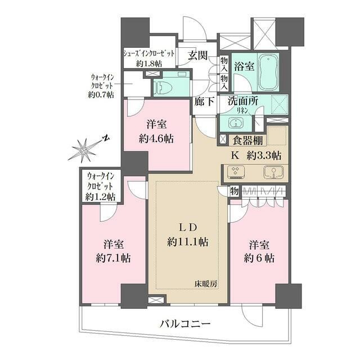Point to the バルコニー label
point(184,325)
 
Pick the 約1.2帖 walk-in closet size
point(101,197)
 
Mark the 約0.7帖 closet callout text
point(101,95)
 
